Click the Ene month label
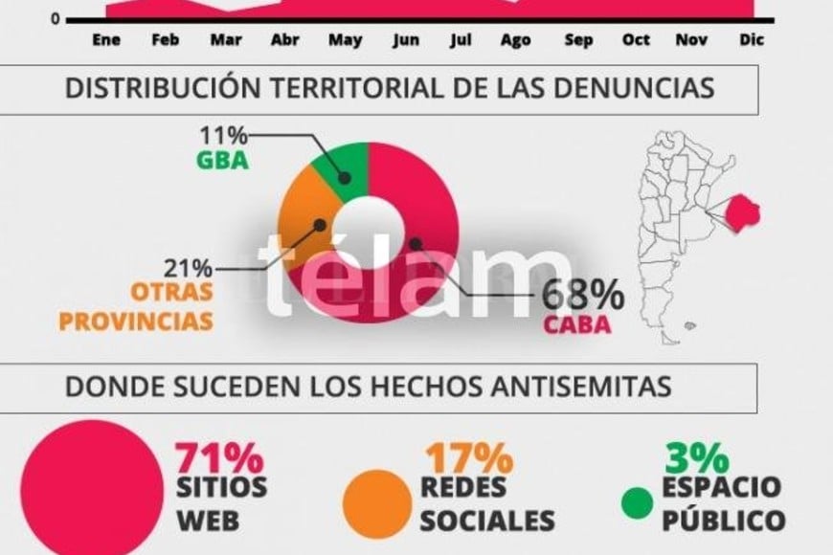pyautogui.click(x=105, y=40)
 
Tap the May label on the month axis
pyautogui.click(x=345, y=40)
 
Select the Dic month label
pyautogui.click(x=752, y=40)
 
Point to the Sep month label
pyautogui.click(x=578, y=40)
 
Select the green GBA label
pyautogui.click(x=222, y=160)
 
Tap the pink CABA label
pyautogui.click(x=577, y=324)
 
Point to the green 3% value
pyautogui.click(x=689, y=453)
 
